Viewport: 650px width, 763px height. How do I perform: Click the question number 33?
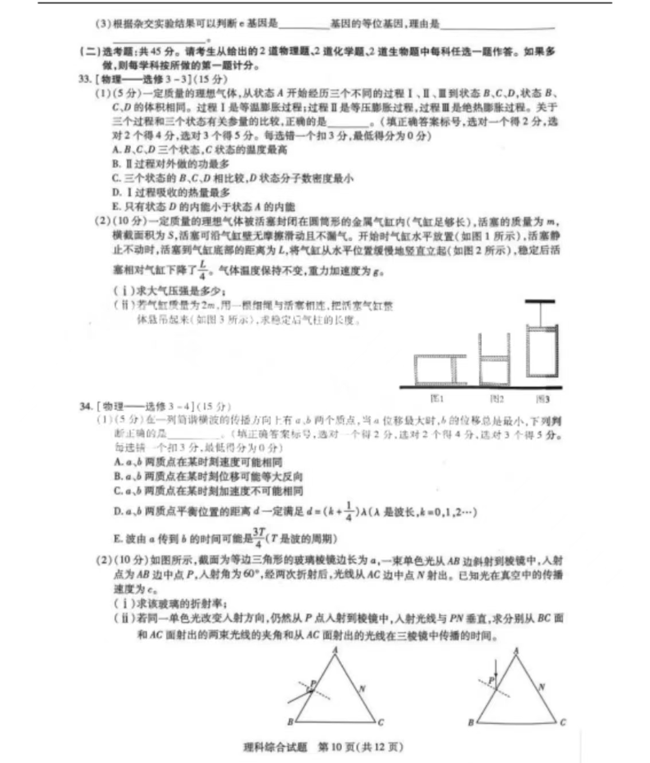pyautogui.click(x=84, y=79)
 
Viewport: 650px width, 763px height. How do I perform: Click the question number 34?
pyautogui.click(x=85, y=407)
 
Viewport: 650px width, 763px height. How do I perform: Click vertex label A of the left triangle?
pyautogui.click(x=335, y=649)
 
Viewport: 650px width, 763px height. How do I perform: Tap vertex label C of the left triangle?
pyautogui.click(x=381, y=722)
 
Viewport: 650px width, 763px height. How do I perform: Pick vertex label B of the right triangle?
pyautogui.click(x=470, y=722)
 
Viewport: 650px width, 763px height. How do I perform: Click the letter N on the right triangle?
pyautogui.click(x=542, y=687)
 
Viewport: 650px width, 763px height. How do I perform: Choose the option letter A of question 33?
pyautogui.click(x=116, y=150)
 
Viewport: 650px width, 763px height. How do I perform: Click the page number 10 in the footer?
pyautogui.click(x=336, y=747)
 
